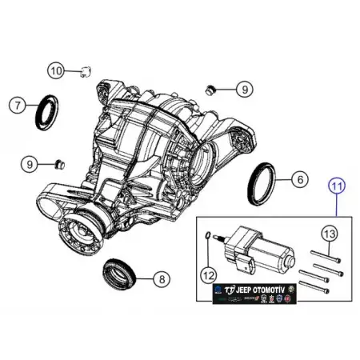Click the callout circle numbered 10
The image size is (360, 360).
click(x=55, y=70)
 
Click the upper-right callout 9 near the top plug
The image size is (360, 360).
click(x=245, y=89)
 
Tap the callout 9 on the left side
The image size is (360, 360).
click(x=30, y=164)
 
